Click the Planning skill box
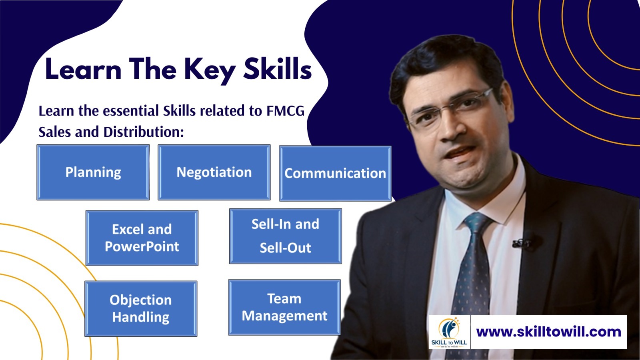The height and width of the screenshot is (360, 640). coord(93,172)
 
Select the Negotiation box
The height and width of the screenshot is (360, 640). coord(214,172)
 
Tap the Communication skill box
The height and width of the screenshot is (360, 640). coord(335,174)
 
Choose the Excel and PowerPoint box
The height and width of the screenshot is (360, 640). coord(142,238)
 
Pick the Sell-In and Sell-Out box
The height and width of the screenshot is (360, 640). coord(286,236)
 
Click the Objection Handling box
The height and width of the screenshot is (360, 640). coord(141,308)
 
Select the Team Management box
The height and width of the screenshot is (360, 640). coord(284,307)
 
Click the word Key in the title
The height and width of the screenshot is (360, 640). coord(210,70)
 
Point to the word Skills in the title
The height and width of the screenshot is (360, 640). coord(278,68)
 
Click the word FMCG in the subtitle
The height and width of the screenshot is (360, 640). coord(286,111)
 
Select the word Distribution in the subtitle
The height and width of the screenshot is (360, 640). coord(144,132)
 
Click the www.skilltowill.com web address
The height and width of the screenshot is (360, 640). coord(548,332)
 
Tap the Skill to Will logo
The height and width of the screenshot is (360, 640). coord(449,332)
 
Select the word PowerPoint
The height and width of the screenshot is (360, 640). coord(142,247)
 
